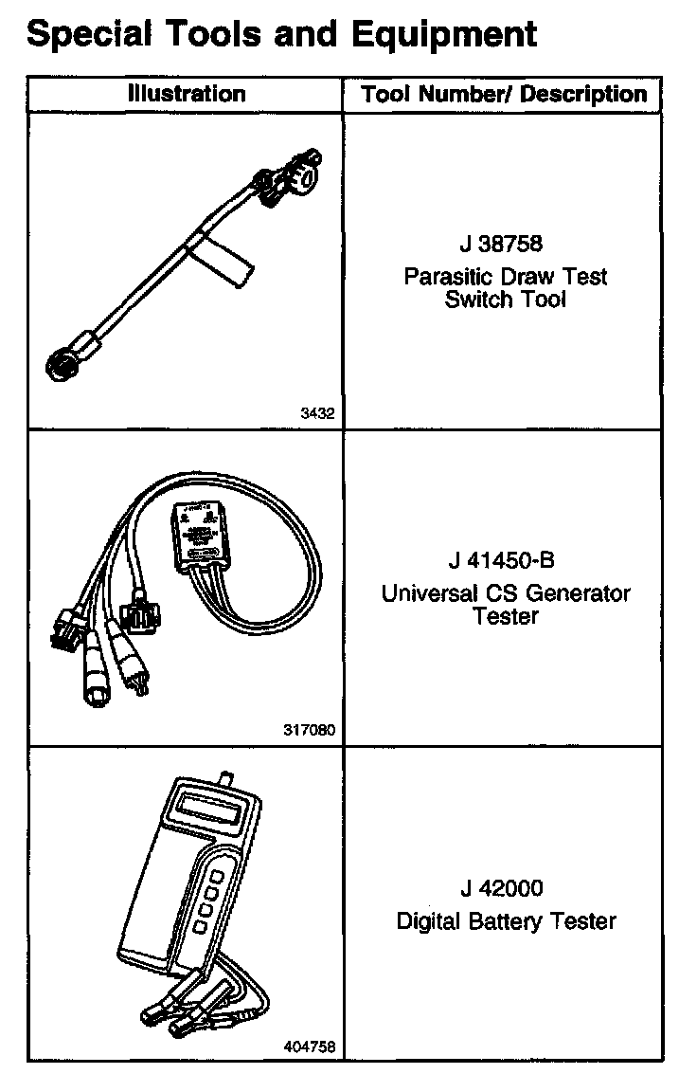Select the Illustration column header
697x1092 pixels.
tap(187, 94)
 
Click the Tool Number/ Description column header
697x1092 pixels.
tap(504, 95)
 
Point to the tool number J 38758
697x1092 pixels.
tap(502, 244)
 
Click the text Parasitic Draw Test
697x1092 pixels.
tap(505, 277)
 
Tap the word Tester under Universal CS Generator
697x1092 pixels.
tap(505, 617)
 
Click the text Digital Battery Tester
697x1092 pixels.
tap(505, 920)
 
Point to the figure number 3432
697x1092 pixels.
tap(318, 414)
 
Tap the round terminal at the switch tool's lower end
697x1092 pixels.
tap(62, 365)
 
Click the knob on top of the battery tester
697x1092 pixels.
tap(227, 777)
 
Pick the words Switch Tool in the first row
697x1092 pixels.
tap(505, 300)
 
